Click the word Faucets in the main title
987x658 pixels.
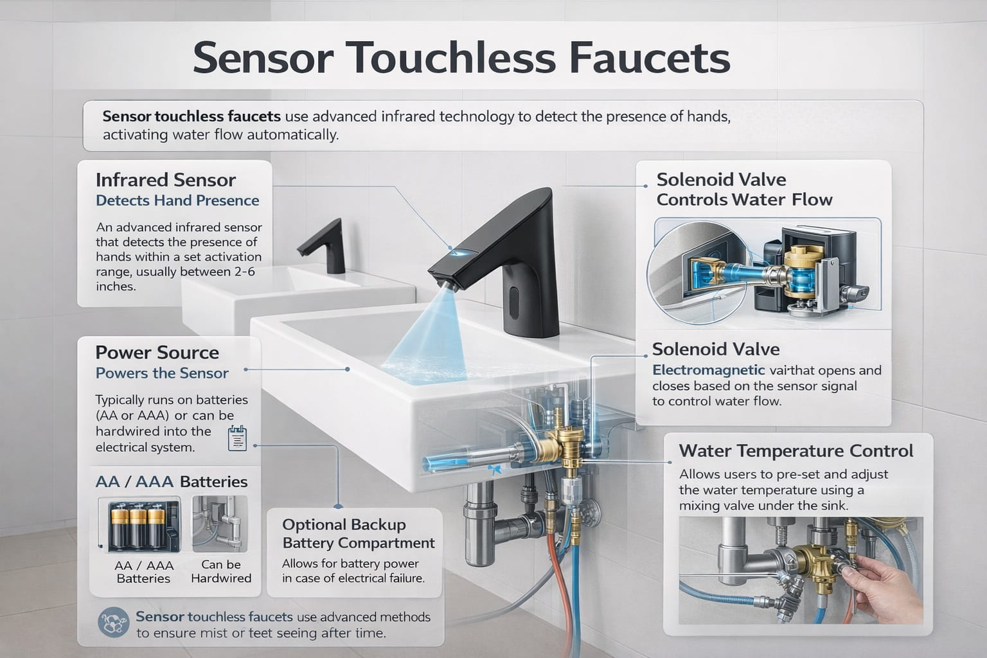point(650,58)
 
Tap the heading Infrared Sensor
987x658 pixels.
point(166,181)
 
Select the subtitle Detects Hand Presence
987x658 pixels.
point(177,200)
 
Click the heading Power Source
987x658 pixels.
point(157,353)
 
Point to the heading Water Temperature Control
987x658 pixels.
point(796,451)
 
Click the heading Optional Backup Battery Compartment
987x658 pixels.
point(358,534)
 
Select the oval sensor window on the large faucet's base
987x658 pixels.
point(514,303)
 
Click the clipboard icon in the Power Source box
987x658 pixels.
point(237,438)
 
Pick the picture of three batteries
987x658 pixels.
point(139,525)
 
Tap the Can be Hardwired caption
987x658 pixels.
point(221,571)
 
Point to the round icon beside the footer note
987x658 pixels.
point(113,623)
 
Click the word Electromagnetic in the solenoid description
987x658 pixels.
point(708,370)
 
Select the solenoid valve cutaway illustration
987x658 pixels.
point(767,271)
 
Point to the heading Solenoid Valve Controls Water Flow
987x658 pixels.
point(743,190)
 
